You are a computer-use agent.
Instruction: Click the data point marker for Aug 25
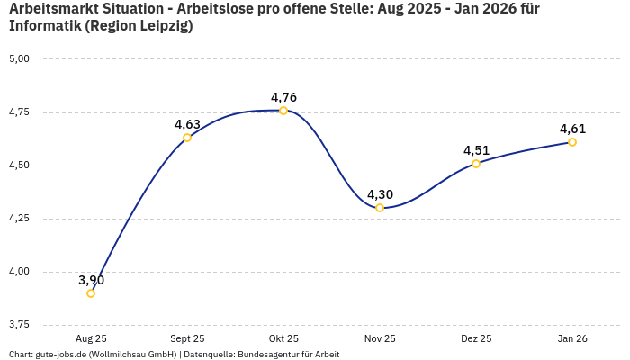91,292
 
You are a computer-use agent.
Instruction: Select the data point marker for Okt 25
283,111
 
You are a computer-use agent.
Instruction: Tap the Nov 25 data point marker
380,208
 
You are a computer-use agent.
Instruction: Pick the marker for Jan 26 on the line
572,142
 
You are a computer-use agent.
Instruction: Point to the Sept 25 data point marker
187,138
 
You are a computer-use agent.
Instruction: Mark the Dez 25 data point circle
476,164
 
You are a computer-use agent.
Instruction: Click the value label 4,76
283,97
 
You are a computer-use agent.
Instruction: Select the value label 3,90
91,280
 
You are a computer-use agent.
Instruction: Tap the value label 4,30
380,194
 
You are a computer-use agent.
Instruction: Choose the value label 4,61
572,129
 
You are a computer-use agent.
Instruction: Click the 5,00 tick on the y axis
19,59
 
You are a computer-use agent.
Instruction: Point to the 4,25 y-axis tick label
19,219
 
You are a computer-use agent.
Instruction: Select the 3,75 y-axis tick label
19,325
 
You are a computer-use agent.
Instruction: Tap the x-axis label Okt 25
283,339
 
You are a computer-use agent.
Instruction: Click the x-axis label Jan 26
572,339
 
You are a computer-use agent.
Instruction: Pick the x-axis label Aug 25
91,339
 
